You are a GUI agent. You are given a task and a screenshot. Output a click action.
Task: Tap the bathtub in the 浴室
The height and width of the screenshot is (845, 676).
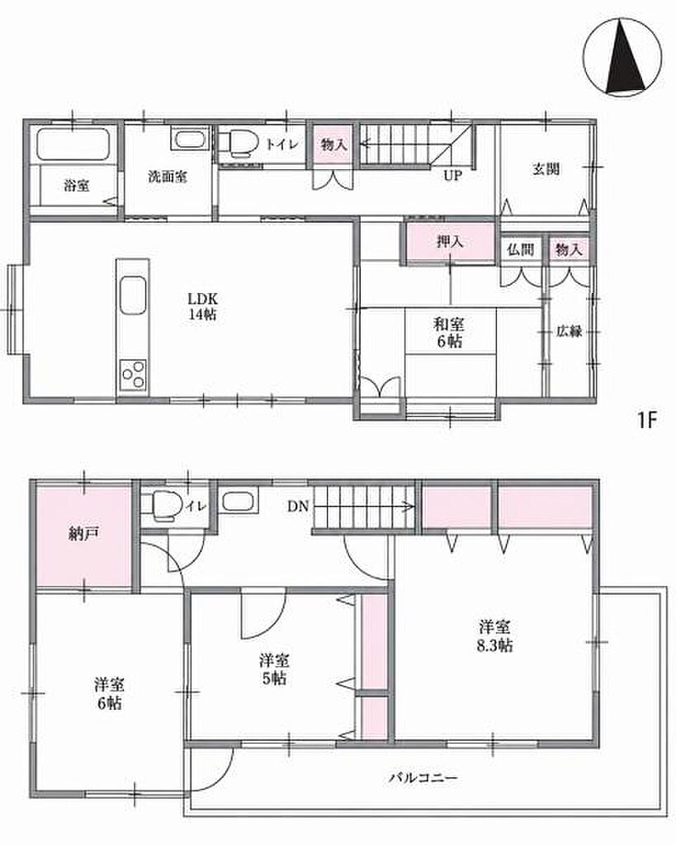(x=73, y=144)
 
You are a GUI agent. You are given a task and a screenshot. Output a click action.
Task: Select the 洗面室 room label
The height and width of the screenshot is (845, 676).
(x=168, y=177)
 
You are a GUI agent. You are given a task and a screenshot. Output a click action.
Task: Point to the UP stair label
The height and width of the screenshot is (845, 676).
(x=452, y=176)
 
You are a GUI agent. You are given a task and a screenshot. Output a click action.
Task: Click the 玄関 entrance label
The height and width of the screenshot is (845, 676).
(x=546, y=169)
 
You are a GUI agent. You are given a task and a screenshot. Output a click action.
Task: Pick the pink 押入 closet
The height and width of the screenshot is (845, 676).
(x=451, y=242)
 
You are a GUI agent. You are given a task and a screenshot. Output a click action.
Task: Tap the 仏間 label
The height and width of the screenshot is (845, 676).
(x=521, y=249)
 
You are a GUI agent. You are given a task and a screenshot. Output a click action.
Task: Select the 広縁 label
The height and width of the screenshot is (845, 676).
(x=570, y=331)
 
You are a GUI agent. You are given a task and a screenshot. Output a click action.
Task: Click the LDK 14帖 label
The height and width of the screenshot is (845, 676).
(x=202, y=306)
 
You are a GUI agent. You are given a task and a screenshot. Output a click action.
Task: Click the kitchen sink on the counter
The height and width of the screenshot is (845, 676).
(x=133, y=295)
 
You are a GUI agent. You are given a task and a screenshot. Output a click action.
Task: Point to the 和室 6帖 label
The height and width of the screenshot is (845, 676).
(x=449, y=333)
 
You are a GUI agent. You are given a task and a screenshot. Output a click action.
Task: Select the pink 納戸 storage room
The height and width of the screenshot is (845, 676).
(x=83, y=534)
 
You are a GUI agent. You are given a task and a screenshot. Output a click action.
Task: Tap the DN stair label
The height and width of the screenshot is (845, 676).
(x=298, y=507)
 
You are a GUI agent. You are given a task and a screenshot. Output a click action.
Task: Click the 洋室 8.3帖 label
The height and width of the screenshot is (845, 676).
(x=494, y=636)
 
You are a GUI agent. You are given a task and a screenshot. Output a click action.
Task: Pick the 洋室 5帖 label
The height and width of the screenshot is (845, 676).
(x=274, y=668)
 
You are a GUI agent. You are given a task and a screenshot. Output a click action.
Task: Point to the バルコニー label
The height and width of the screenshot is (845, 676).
(x=423, y=777)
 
